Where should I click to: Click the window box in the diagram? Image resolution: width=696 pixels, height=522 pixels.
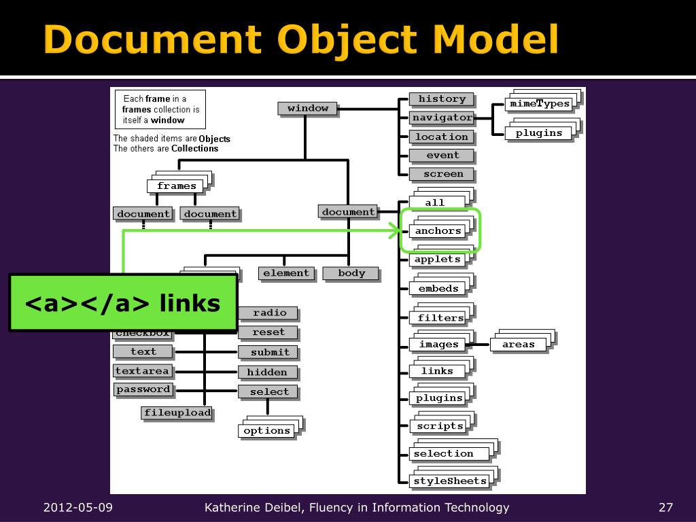coord(307,108)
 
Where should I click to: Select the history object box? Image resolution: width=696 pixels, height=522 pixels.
coord(441,99)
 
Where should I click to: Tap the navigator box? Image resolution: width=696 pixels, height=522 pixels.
coord(441,118)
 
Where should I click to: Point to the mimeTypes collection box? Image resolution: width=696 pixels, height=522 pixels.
coord(539,104)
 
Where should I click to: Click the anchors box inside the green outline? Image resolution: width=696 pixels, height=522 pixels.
coord(438,231)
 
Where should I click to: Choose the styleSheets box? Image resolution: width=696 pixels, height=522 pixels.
coord(450,481)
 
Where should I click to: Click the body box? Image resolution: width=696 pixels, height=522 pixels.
coord(351,273)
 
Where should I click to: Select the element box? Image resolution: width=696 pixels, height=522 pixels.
coord(285,273)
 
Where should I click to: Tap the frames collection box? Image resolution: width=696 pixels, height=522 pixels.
coord(176,186)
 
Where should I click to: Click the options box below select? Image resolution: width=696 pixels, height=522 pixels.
coord(266,431)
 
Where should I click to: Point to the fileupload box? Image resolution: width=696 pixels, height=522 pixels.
coord(177,413)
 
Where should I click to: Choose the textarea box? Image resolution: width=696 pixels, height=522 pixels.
coord(142,371)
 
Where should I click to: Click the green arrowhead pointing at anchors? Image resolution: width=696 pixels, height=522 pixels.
coord(394,231)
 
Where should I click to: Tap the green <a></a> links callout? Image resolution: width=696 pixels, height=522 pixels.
coord(122,302)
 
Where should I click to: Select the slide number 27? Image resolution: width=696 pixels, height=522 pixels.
coord(665,508)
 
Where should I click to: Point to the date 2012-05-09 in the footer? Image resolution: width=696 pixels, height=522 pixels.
coord(78,508)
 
